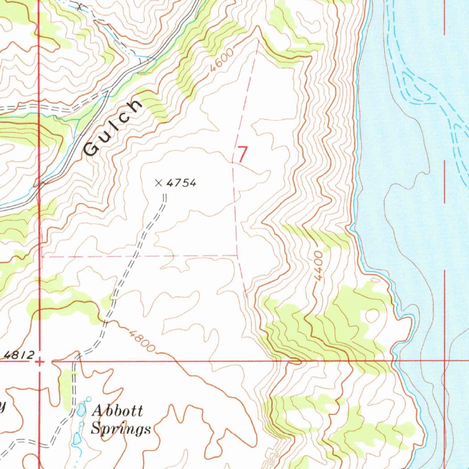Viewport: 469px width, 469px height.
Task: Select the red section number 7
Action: click(242, 154)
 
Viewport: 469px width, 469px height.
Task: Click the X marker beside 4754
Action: click(158, 183)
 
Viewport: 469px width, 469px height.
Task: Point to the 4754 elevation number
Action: click(181, 183)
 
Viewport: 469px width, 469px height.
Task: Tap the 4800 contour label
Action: click(142, 341)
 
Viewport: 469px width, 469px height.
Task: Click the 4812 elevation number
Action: click(20, 354)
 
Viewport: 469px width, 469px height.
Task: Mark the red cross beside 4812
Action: click(40, 361)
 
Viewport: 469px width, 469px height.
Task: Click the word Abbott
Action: click(117, 410)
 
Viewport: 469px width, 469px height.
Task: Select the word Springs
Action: click(120, 429)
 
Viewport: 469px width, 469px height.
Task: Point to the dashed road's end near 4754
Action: click(164, 196)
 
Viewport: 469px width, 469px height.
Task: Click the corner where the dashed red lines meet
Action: click(237, 255)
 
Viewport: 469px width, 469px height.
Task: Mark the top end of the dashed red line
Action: click(258, 41)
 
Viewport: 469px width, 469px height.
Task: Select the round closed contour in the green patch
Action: click(372, 316)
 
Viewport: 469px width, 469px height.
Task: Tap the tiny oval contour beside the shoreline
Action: click(375, 279)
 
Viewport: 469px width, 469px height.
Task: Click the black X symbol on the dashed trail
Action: click(81, 6)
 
